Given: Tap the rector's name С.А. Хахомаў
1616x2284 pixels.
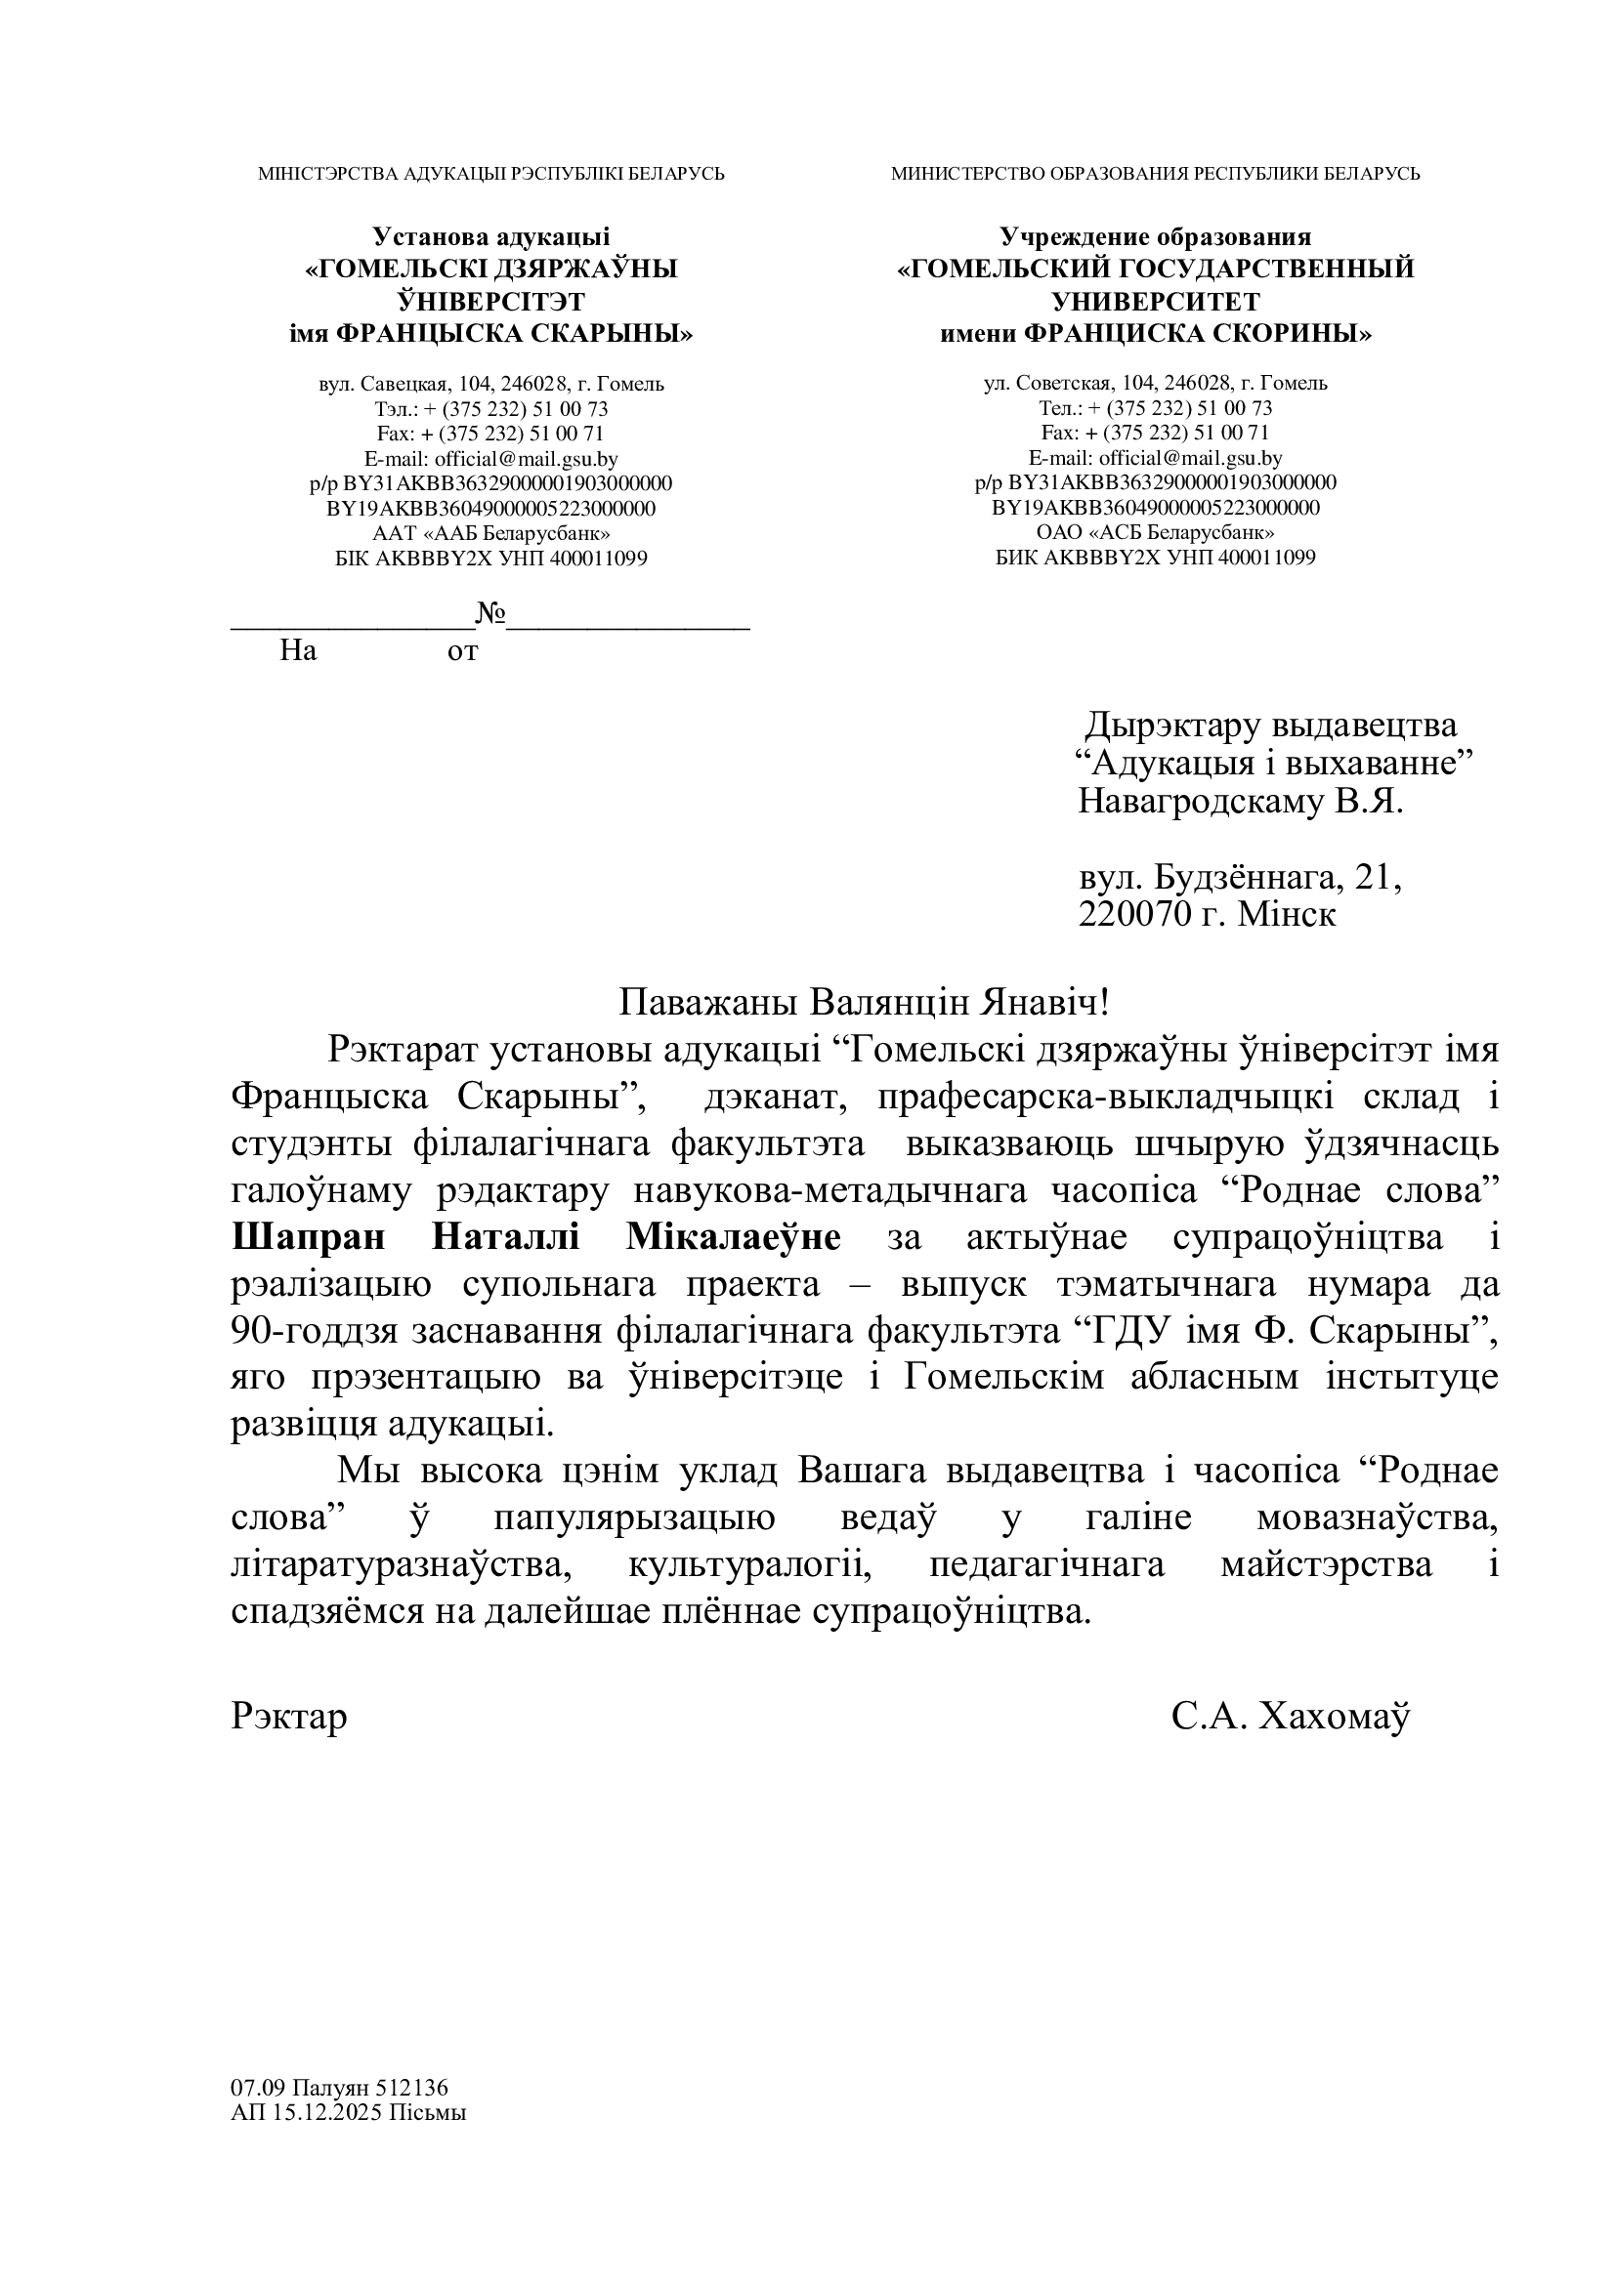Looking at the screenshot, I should [1291, 1716].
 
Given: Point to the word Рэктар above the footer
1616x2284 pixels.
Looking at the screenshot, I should [288, 1716].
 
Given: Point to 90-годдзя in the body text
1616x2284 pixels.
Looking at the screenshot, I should [311, 1331].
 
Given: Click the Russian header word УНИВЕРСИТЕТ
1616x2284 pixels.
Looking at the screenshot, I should [1155, 301].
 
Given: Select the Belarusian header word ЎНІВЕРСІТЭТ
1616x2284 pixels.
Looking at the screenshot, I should [490, 301].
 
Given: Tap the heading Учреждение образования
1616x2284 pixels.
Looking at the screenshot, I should [1155, 236].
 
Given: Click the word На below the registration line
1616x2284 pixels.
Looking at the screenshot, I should [298, 650].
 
